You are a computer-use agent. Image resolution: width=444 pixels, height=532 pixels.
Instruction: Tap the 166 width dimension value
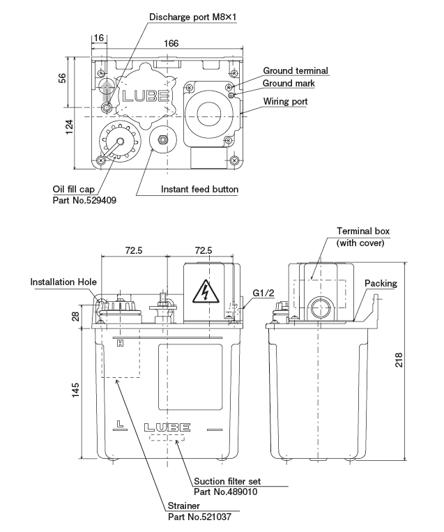(171, 43)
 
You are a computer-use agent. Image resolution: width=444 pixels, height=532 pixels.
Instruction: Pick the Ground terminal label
(295, 70)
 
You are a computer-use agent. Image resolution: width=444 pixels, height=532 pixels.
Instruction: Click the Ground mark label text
(289, 83)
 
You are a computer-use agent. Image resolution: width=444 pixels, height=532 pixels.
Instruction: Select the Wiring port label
(285, 101)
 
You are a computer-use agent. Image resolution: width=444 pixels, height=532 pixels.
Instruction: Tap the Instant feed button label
(199, 189)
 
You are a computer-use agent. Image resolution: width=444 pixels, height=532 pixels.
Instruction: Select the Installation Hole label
(63, 282)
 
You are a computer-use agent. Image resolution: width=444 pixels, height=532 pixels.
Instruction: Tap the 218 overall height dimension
(419, 360)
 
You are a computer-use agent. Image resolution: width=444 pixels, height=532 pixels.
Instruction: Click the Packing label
(381, 283)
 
